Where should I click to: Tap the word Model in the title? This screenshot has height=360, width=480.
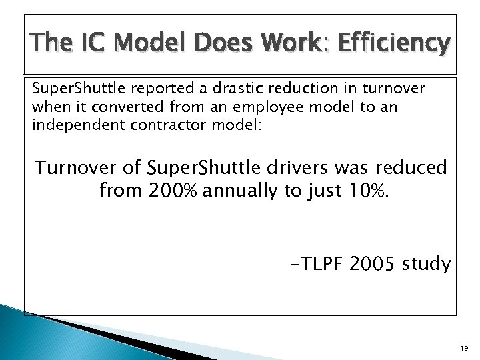(x=152, y=43)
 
